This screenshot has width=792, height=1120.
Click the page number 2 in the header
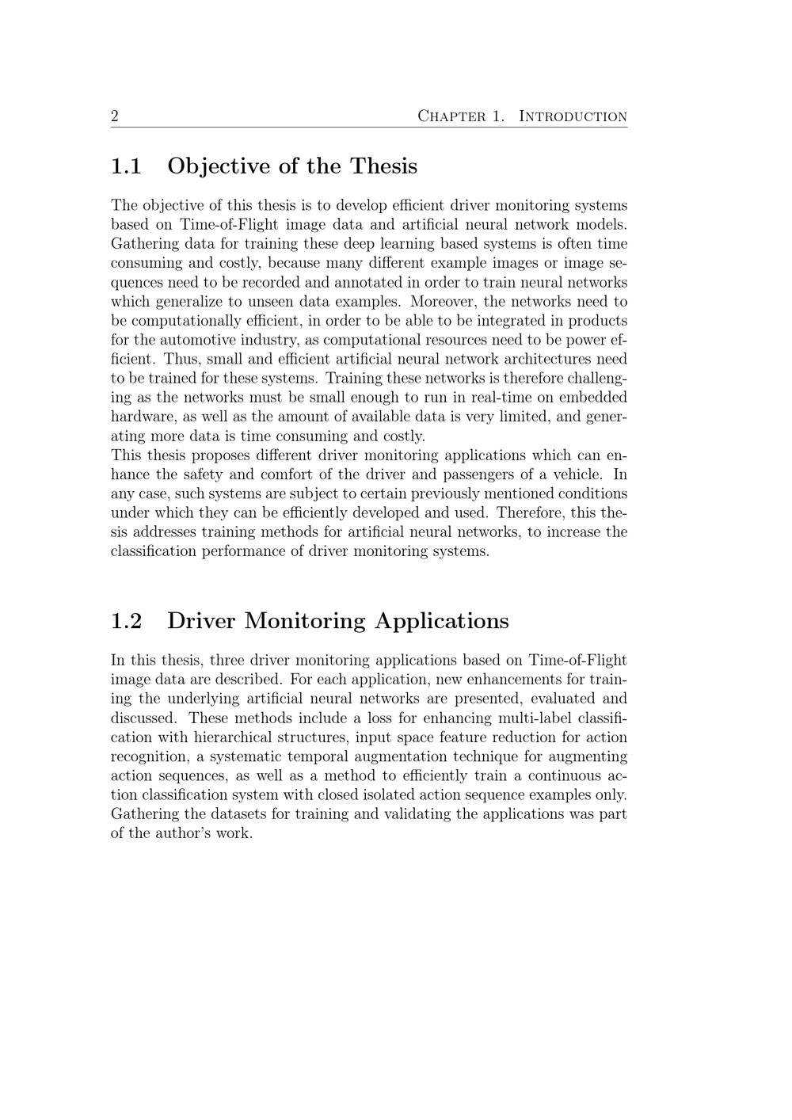(x=115, y=116)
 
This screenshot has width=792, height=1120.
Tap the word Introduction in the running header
(x=573, y=116)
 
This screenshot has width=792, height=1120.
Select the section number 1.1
(x=126, y=166)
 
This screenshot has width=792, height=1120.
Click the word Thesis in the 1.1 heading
(x=383, y=166)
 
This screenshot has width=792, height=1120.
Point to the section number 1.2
(x=126, y=621)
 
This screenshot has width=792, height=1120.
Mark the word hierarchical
(x=234, y=737)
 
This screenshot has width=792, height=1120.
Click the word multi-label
(x=532, y=718)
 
